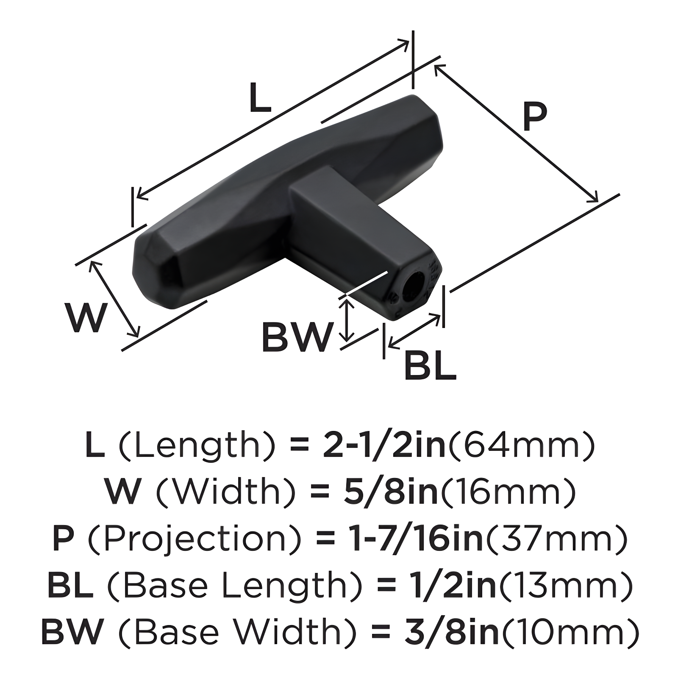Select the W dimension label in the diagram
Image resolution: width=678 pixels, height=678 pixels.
tap(85, 318)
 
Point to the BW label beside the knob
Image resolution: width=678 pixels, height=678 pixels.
tap(296, 337)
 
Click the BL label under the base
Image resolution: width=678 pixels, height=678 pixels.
tap(430, 366)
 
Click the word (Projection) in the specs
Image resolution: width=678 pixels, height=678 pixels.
tap(192, 538)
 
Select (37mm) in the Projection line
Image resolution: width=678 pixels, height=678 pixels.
tap(555, 538)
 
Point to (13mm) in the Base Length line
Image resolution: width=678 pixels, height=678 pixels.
tap(566, 585)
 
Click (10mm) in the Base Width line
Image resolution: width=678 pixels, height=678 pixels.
tap(568, 631)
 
